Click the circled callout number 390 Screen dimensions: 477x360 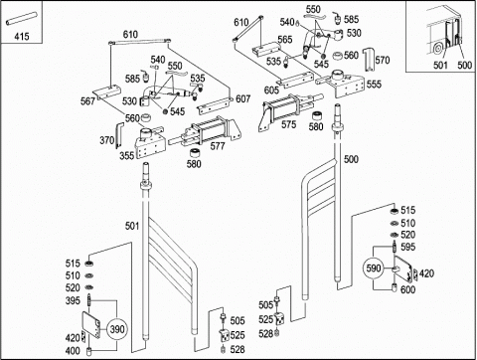117,329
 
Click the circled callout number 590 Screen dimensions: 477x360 374,268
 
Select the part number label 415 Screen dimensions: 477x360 22,36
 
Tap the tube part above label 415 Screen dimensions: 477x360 21,19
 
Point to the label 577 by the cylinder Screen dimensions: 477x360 218,146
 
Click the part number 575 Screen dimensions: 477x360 289,124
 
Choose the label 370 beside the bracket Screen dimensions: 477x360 107,140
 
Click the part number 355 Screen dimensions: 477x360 126,156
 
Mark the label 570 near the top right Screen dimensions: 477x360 383,60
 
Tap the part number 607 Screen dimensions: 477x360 243,98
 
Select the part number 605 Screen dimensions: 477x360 271,90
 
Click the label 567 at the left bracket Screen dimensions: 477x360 87,101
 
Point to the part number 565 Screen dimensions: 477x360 285,40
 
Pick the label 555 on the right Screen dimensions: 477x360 374,85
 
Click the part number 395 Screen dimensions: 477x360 73,300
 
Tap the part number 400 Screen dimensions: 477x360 73,350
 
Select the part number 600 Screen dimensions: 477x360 407,289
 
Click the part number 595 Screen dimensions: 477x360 407,247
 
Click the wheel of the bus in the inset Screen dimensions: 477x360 437,49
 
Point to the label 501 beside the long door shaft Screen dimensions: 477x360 132,226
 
